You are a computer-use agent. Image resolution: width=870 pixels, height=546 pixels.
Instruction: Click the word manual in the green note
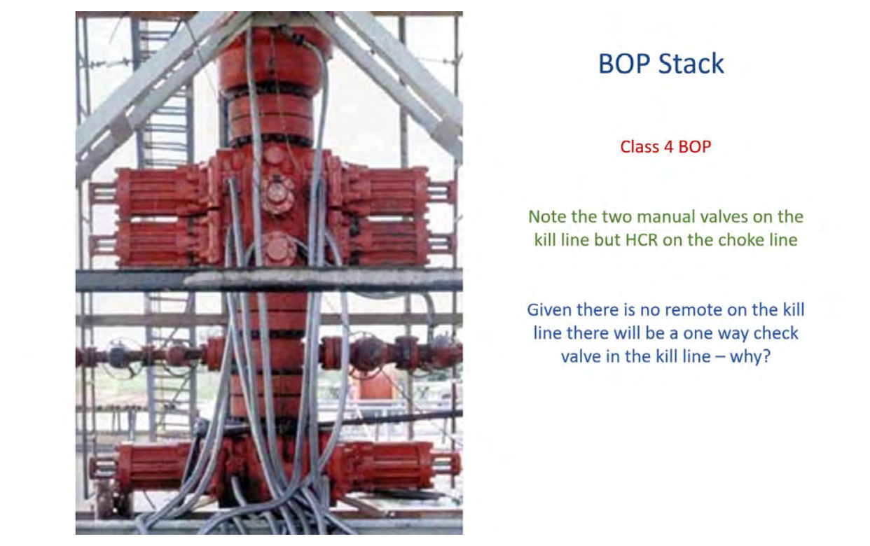[x=663, y=216]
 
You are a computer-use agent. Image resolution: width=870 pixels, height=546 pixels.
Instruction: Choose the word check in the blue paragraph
[x=779, y=333]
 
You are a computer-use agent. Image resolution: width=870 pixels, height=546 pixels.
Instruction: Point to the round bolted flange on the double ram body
[x=277, y=193]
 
